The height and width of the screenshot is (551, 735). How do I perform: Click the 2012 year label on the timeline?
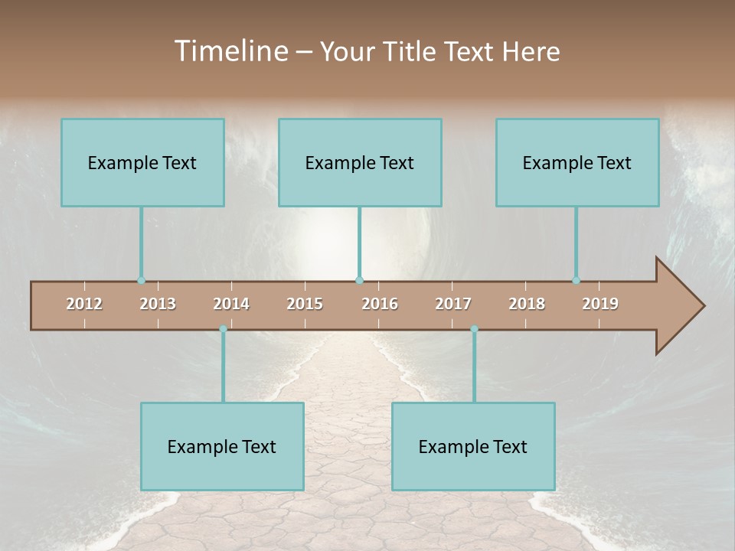(x=84, y=304)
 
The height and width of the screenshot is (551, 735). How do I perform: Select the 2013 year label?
(x=158, y=304)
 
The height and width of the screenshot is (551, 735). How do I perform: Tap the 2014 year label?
(x=231, y=304)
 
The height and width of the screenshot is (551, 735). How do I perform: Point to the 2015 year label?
(x=305, y=304)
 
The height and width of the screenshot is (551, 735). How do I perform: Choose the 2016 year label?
(x=380, y=304)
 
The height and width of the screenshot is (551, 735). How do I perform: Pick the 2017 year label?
(x=453, y=304)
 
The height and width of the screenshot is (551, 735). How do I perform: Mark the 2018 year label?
(x=527, y=304)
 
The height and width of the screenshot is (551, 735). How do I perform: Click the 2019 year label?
(x=600, y=304)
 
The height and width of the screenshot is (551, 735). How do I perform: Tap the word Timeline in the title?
(x=230, y=51)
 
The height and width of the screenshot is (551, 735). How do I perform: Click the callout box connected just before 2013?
(x=142, y=162)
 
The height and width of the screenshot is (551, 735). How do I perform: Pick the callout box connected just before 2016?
(x=360, y=162)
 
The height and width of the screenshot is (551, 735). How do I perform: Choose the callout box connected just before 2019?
(x=577, y=162)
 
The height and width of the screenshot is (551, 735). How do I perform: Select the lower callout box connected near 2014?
(x=222, y=446)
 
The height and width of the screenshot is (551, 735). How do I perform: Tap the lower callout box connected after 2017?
(x=473, y=446)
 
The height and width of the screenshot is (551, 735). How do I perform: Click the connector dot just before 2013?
(x=141, y=281)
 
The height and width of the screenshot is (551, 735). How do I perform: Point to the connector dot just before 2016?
(x=359, y=281)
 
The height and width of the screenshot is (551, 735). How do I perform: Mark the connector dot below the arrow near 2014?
(x=223, y=329)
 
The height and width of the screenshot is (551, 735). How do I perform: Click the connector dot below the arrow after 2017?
(x=474, y=329)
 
